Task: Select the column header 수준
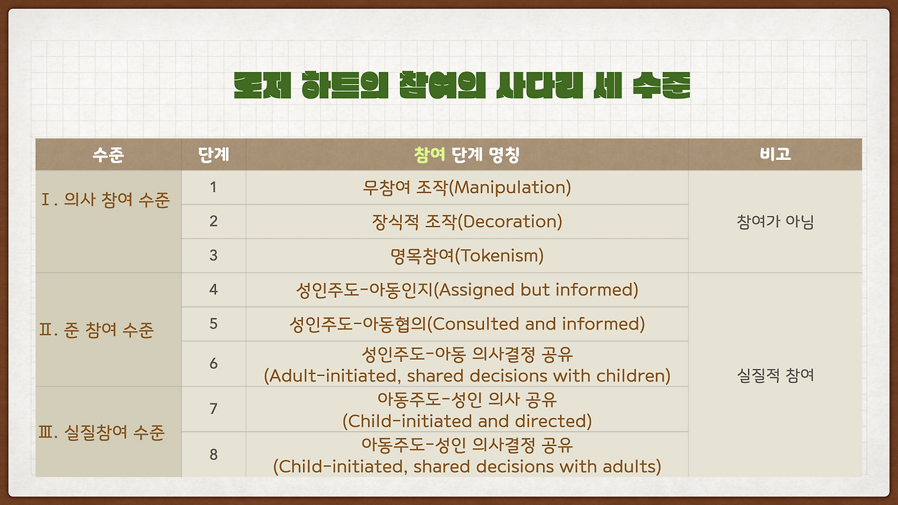click(x=108, y=154)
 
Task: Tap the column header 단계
click(x=213, y=154)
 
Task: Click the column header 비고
click(x=775, y=154)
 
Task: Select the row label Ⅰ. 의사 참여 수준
click(x=106, y=201)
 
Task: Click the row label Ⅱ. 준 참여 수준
click(x=97, y=330)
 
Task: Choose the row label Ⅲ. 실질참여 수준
click(x=102, y=432)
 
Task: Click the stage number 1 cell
click(x=213, y=187)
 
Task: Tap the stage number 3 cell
click(x=213, y=255)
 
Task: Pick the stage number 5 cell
click(x=213, y=323)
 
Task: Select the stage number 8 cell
click(x=213, y=454)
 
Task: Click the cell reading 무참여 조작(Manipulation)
click(x=467, y=187)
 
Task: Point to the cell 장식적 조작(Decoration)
click(x=467, y=222)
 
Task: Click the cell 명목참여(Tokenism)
click(x=467, y=255)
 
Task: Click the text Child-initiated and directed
click(x=467, y=421)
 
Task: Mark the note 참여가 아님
click(x=775, y=222)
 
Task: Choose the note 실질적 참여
click(x=775, y=375)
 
